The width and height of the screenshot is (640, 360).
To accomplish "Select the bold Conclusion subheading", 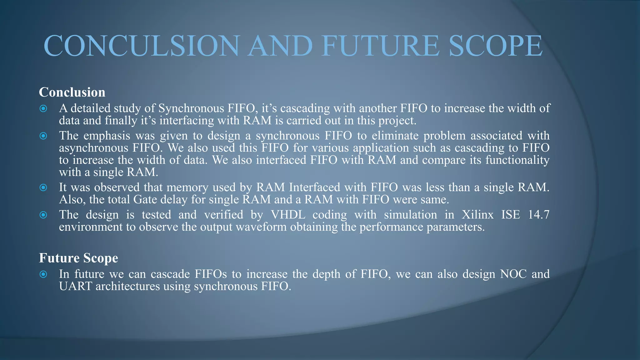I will [72, 92].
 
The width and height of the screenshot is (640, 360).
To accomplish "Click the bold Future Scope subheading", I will [78, 258].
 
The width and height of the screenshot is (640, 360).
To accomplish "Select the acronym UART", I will [75, 286].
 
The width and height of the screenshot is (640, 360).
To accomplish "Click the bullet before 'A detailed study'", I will [43, 109].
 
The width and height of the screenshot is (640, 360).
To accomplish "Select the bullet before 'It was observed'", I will [43, 187].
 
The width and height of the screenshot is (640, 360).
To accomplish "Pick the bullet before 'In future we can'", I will [43, 274].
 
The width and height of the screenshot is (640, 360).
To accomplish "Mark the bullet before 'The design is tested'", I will [43, 215].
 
